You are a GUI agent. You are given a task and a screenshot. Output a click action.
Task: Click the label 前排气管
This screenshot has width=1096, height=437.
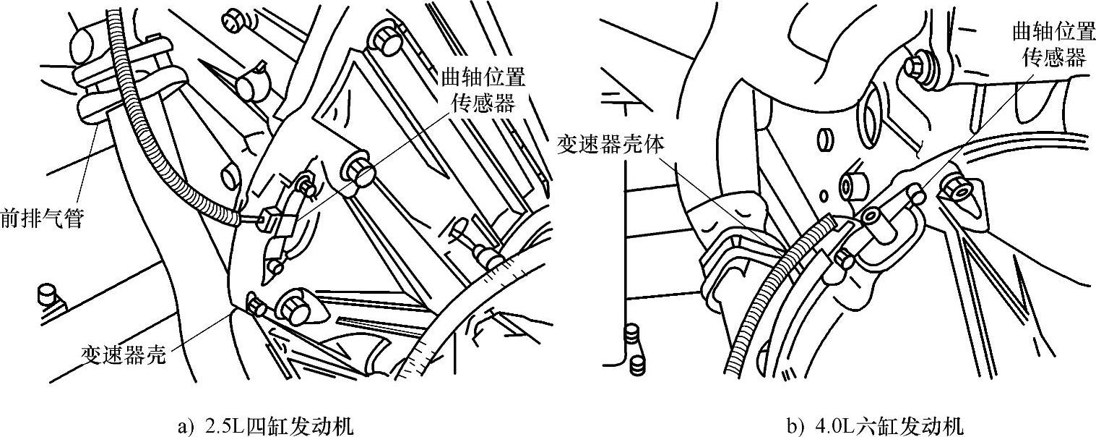(43, 217)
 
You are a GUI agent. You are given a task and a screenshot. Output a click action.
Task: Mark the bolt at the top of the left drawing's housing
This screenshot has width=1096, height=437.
(387, 36)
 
